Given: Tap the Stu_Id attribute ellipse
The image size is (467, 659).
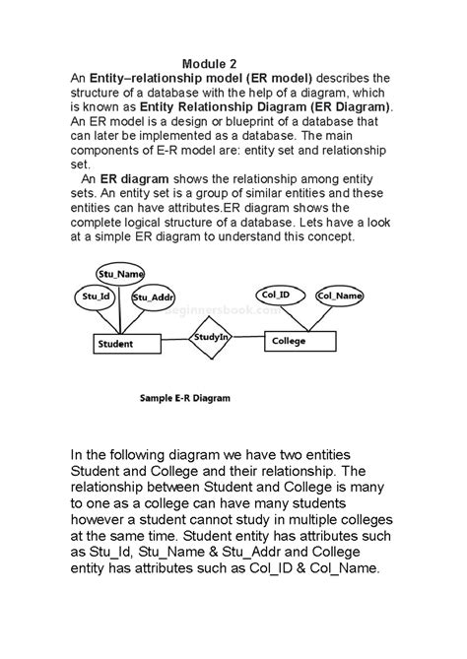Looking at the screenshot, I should coord(97,296).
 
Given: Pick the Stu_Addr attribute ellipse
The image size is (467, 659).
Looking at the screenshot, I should coord(153,297).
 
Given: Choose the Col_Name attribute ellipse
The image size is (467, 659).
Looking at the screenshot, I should coord(338,295).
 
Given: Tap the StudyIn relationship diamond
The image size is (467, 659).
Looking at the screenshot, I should coord(211,338).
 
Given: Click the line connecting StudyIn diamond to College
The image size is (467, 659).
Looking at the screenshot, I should coord(249,339).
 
